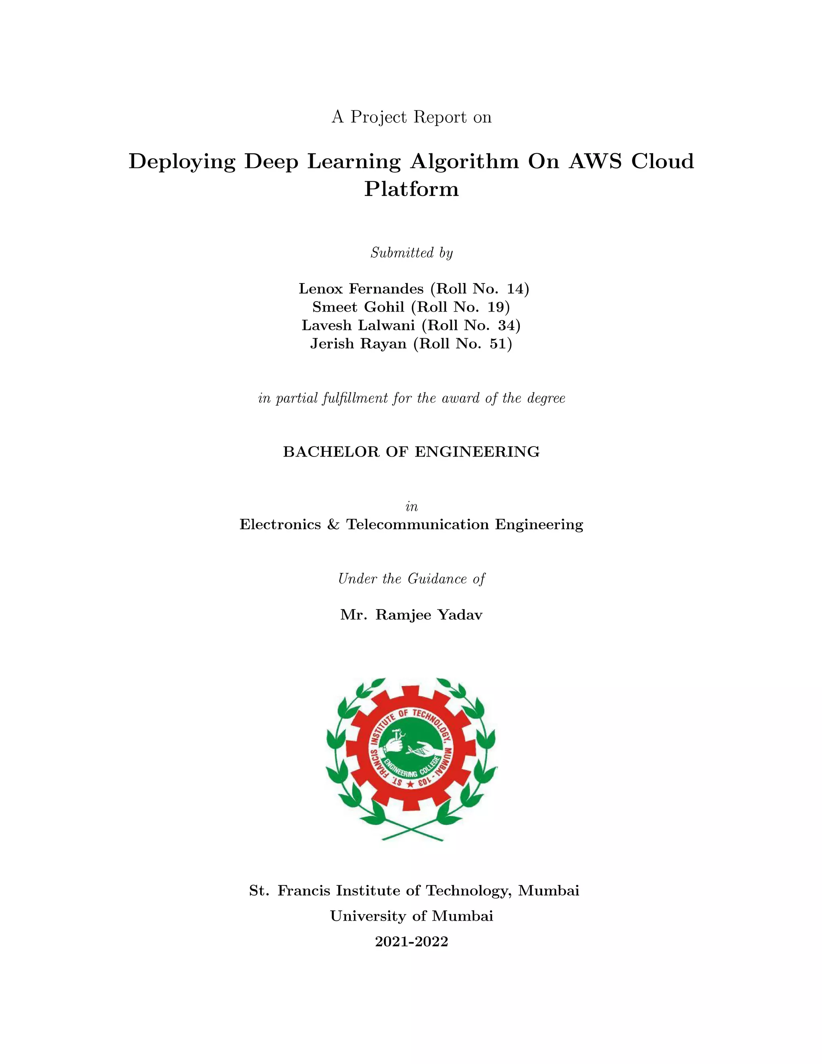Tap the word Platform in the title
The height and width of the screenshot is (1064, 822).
pyautogui.click(x=411, y=189)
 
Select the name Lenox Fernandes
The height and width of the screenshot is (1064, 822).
pyautogui.click(x=361, y=289)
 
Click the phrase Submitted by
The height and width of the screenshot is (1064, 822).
pyautogui.click(x=411, y=253)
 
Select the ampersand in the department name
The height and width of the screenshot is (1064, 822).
pyautogui.click(x=334, y=525)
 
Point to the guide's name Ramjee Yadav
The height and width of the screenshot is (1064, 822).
pyautogui.click(x=429, y=615)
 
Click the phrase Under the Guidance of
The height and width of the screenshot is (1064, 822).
pyautogui.click(x=411, y=579)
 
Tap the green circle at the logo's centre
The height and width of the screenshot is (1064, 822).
pyautogui.click(x=412, y=750)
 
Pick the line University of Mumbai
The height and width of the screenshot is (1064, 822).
pyautogui.click(x=411, y=916)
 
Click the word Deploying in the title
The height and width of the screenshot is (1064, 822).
pyautogui.click(x=182, y=161)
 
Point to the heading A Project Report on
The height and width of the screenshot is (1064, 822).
pyautogui.click(x=411, y=117)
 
